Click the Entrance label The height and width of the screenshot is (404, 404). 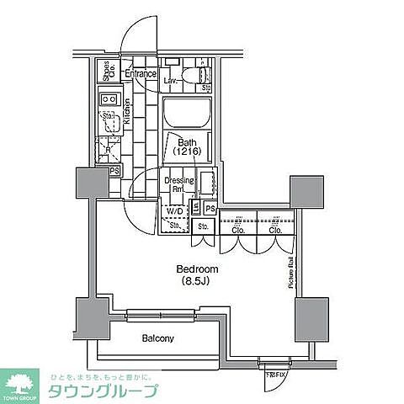point(141,74)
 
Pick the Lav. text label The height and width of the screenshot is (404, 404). point(170,80)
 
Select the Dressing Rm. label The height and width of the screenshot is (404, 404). point(179,184)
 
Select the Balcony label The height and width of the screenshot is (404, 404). point(157,339)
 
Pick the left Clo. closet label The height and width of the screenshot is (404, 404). point(237,230)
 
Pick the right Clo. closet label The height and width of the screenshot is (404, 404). point(274,230)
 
